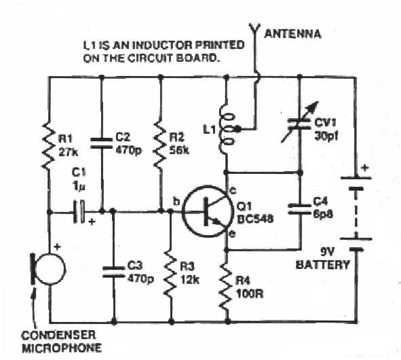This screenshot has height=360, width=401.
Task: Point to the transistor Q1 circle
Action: pyautogui.click(x=211, y=211)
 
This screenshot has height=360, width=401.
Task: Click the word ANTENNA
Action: pyautogui.click(x=294, y=33)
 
